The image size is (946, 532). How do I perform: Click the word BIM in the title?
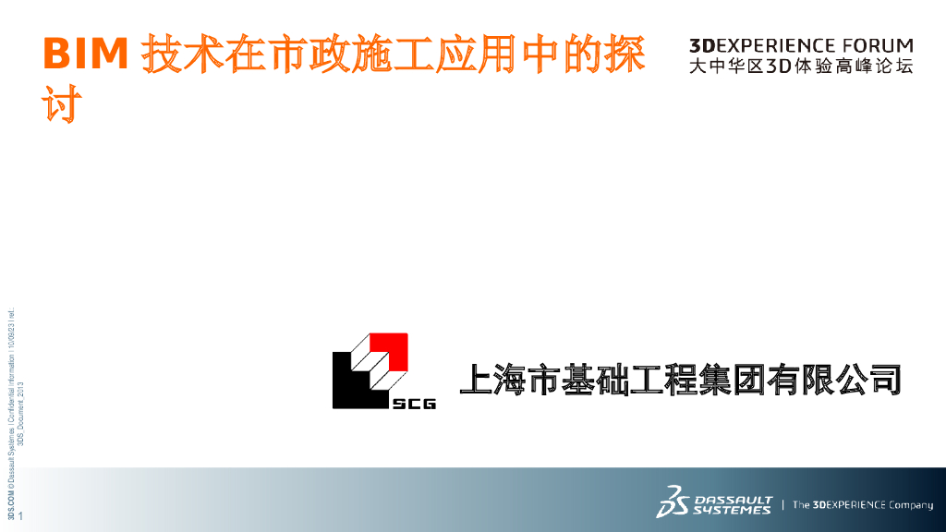coord(85,55)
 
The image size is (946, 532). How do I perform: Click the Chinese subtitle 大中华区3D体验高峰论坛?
coord(800,66)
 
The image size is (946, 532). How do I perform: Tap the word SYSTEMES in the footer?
coord(737,510)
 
